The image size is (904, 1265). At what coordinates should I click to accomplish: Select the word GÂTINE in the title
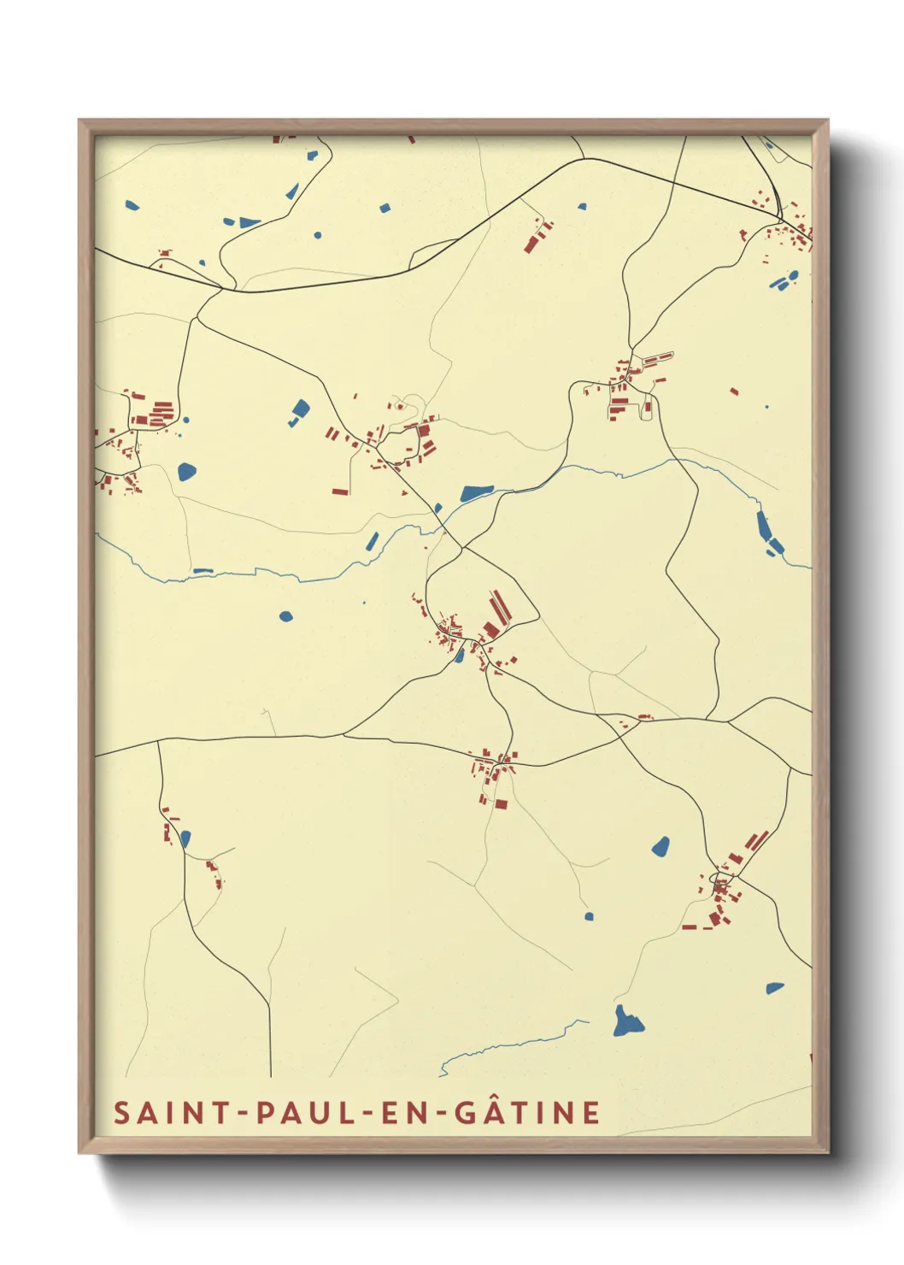pyautogui.click(x=527, y=1113)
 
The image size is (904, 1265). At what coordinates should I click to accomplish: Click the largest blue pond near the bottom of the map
pyautogui.click(x=627, y=1021)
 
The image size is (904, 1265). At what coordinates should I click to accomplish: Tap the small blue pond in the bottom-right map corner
pyautogui.click(x=774, y=988)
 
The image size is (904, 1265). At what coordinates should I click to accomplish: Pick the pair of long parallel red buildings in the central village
pyautogui.click(x=498, y=609)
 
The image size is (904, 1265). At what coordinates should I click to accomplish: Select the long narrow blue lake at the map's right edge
pyautogui.click(x=766, y=530)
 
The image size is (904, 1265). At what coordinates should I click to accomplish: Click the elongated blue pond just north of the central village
pyautogui.click(x=476, y=493)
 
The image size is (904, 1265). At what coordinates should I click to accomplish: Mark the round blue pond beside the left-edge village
pyautogui.click(x=186, y=470)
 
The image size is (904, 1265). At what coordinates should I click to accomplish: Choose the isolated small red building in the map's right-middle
pyautogui.click(x=734, y=391)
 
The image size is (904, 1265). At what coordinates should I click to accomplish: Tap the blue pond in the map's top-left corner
pyautogui.click(x=132, y=205)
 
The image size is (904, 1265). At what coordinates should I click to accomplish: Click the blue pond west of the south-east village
pyautogui.click(x=660, y=846)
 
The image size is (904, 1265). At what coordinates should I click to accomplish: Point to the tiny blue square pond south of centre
pyautogui.click(x=589, y=917)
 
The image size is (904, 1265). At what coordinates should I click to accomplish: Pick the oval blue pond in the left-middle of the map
pyautogui.click(x=285, y=615)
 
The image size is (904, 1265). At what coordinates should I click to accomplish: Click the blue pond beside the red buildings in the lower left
pyautogui.click(x=185, y=838)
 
